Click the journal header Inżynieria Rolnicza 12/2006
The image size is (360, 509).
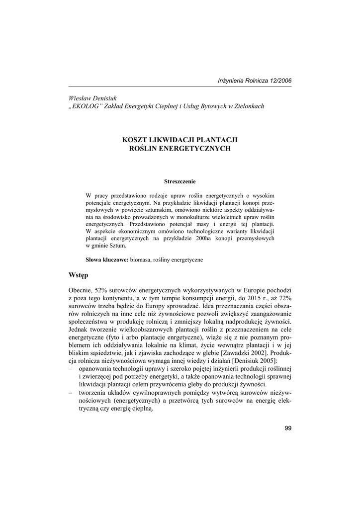coord(255,81)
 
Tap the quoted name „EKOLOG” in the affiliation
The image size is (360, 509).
coord(85,106)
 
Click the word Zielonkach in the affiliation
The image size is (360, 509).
coord(248,106)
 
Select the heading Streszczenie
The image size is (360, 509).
coord(180,181)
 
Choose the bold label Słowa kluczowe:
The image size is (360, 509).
coord(107,260)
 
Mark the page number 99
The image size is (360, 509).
coord(288,429)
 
